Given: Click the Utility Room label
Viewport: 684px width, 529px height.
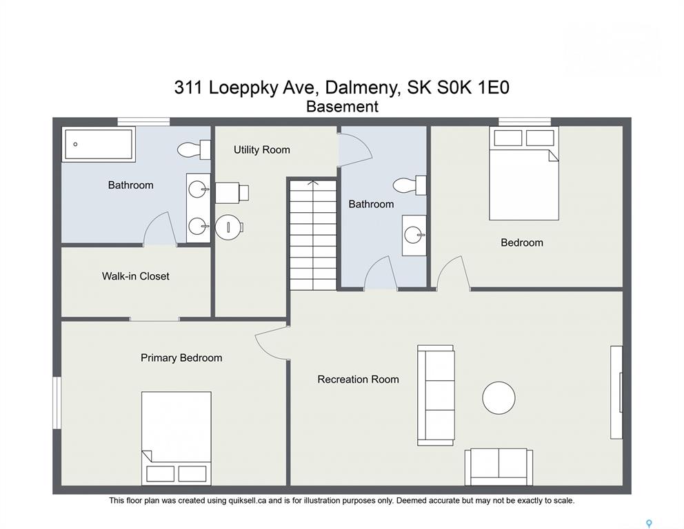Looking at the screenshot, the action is (262, 150).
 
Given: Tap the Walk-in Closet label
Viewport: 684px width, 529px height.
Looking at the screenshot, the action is (136, 276).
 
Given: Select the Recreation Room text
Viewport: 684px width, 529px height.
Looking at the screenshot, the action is (358, 380).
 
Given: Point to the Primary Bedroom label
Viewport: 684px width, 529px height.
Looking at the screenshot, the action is (181, 357).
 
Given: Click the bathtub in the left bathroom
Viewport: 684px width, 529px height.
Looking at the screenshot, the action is (99, 144).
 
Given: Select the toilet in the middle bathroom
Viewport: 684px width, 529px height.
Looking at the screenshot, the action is (410, 185).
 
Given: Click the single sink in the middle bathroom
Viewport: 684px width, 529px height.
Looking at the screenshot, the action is (414, 236).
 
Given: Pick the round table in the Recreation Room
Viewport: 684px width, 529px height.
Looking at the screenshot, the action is (499, 398).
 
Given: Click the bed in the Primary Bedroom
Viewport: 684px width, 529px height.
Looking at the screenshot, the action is (177, 438).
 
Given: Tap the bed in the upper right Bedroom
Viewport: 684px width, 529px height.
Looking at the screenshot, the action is (524, 174).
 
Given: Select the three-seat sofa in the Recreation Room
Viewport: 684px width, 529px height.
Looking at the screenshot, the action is (436, 395).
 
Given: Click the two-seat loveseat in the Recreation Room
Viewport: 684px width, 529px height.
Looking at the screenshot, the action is (499, 467).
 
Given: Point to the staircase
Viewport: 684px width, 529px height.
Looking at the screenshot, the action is (313, 235).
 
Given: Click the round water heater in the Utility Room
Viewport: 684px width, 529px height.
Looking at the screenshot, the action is (229, 227).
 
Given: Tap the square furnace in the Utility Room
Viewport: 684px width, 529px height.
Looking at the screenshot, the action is (232, 192).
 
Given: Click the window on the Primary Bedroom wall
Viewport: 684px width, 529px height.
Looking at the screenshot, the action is (57, 403).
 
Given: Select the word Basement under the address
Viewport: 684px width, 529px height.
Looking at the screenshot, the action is (342, 107).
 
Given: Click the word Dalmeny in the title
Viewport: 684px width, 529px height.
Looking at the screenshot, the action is (362, 87).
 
